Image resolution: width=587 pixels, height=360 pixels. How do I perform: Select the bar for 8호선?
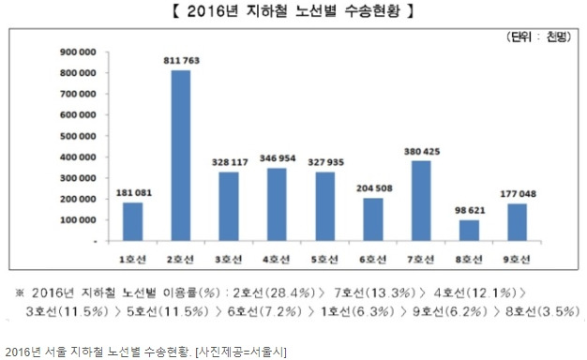coord(469,231)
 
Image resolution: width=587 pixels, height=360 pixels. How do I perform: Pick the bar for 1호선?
coord(132,221)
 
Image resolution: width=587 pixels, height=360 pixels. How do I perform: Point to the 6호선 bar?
coord(373,219)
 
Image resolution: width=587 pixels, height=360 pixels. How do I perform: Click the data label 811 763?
coord(181,61)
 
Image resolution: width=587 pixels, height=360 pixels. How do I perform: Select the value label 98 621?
coord(469,211)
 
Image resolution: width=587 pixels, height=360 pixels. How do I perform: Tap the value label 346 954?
coord(277,159)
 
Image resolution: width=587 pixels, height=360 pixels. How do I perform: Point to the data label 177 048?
coord(518,194)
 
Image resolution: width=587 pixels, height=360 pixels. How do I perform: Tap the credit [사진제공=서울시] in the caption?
coord(236,351)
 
